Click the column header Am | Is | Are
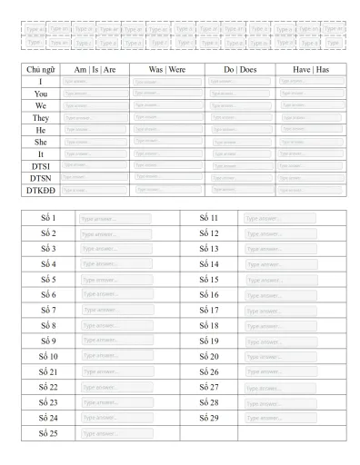coord(95,69)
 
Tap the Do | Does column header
coord(241,69)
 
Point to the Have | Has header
coord(310,69)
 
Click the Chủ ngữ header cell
coord(40,69)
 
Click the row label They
coord(40,117)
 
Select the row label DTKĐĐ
coord(40,189)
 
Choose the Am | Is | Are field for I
coord(95,82)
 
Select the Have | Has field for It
coord(311,153)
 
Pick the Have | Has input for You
coord(311,94)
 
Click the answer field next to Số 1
coord(116,219)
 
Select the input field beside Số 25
coord(116,433)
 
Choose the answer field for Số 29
coord(278,418)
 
